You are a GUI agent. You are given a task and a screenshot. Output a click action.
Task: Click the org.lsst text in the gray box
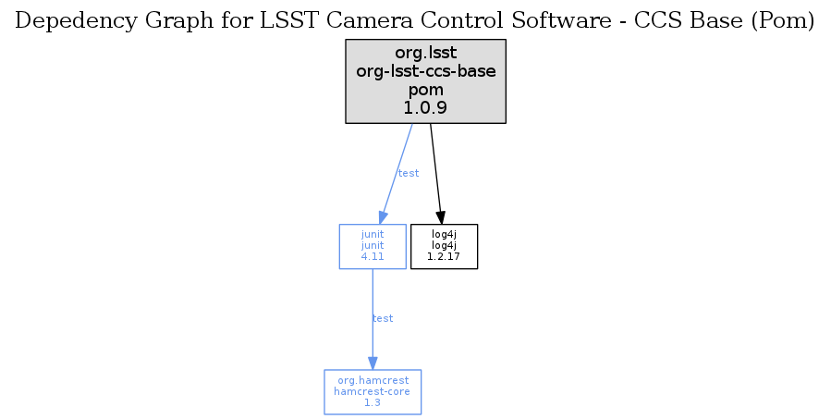[425, 54]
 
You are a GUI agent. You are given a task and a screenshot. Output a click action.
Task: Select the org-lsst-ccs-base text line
[425, 71]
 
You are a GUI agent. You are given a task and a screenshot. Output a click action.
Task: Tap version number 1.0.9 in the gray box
[425, 107]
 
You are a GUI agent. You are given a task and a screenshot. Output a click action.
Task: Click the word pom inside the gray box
[425, 90]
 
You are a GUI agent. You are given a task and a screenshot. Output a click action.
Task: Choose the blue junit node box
[373, 246]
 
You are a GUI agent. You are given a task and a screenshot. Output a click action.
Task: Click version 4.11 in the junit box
[373, 257]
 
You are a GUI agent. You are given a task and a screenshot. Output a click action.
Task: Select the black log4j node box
[444, 246]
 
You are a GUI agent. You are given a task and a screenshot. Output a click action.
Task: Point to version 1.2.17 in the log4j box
[444, 257]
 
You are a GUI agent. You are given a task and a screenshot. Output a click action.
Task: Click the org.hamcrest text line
[373, 381]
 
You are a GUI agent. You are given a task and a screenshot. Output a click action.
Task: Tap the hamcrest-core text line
[373, 391]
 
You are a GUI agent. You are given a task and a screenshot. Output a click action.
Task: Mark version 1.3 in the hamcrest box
[373, 402]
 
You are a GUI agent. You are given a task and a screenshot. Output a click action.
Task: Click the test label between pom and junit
[408, 173]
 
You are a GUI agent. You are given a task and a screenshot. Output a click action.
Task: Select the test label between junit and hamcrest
[382, 318]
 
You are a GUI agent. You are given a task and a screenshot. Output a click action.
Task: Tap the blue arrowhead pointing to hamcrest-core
[373, 363]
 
